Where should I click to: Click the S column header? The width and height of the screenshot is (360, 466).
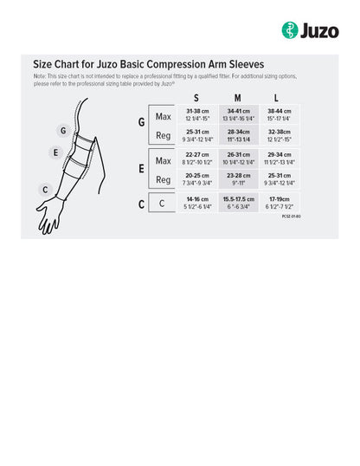tap(196, 98)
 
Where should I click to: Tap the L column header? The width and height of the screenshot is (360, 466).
tap(275, 98)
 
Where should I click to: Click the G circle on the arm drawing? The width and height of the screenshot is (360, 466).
tap(62, 131)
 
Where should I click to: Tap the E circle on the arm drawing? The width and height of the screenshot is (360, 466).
tap(55, 152)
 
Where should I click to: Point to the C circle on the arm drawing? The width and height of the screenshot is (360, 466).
tap(45, 189)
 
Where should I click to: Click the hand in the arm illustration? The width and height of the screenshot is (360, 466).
tap(48, 217)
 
